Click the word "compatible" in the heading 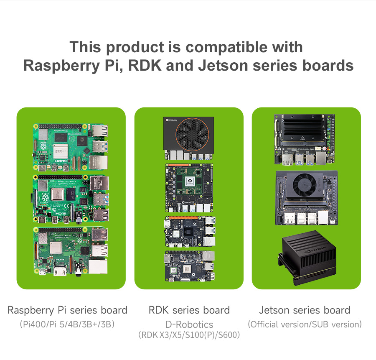tap(226, 47)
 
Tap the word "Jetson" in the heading tap(223, 65)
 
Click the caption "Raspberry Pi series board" tap(67, 310)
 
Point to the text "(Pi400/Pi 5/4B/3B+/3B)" tap(67, 324)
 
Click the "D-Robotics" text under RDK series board tap(189, 324)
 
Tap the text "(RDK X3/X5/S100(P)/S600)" tap(189, 335)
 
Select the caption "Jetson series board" tap(305, 310)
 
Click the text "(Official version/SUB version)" tap(305, 324)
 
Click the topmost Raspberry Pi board tap(71, 147)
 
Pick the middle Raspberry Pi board tap(71, 199)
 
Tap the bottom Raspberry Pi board tap(71, 251)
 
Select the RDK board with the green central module tap(189, 188)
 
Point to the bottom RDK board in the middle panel tap(189, 266)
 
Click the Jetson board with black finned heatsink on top tap(305, 140)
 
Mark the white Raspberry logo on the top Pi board tap(43, 146)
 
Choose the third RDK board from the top tap(190, 232)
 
